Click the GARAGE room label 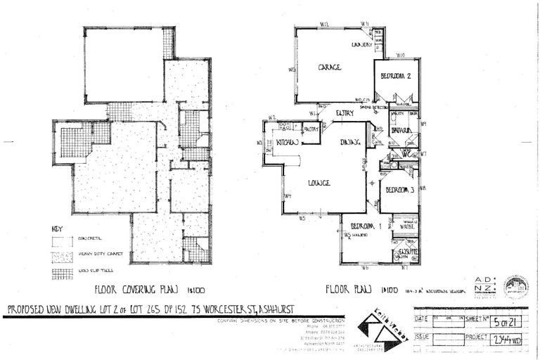click(x=329, y=67)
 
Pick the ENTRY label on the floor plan click(x=345, y=112)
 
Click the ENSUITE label click(x=409, y=250)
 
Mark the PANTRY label click(x=311, y=129)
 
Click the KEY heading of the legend click(x=58, y=229)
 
